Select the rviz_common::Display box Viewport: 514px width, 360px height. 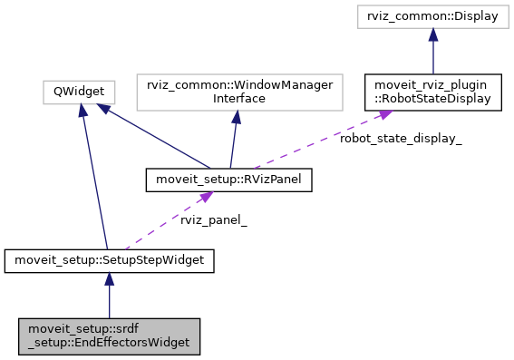pos(433,17)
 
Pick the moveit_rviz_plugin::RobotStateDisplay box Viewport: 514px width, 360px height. pos(433,91)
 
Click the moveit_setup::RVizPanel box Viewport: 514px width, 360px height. pos(229,180)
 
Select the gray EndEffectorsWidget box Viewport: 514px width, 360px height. pos(109,335)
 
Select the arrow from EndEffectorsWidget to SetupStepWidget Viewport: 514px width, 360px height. pos(109,298)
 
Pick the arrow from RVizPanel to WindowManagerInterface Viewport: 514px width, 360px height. pos(232,141)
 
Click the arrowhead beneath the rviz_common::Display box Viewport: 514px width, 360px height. pos(433,34)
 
